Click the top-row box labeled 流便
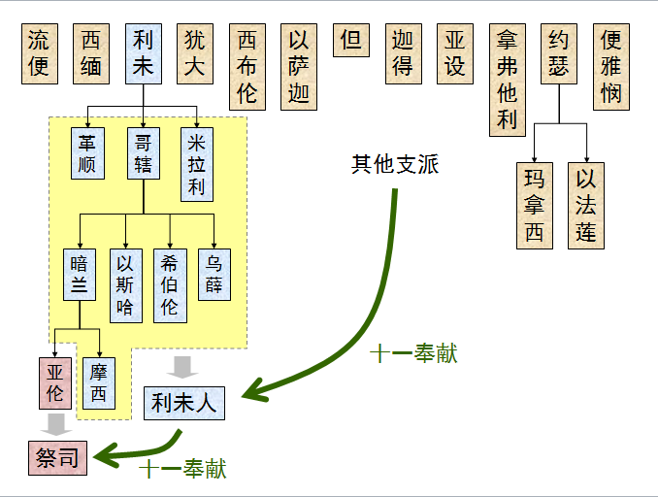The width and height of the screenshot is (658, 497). pos(39,53)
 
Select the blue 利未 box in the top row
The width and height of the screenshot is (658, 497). pos(143,53)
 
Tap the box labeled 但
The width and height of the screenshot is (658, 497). pos(351,41)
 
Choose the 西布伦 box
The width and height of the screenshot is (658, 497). pos(247,66)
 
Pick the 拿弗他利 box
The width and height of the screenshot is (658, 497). pos(507,79)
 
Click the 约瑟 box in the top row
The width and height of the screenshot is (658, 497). pos(559,53)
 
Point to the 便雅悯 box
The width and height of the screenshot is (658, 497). pos(610,66)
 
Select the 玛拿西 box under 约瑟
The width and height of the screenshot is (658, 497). pos(535,206)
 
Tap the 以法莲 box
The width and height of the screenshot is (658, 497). pos(585,206)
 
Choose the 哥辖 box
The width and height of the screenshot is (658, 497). pos(143,152)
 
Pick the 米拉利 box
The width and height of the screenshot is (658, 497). pos(197,164)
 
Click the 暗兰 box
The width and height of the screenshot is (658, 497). pos(80,275)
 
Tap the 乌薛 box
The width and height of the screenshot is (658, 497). pos(214,275)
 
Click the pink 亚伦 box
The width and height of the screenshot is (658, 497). pos(54,383)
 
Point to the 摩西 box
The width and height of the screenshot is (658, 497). pos(99,383)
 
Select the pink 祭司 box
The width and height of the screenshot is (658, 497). pos(57,455)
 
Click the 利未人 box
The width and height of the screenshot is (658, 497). pos(184,402)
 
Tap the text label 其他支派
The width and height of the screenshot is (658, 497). pos(395,164)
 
